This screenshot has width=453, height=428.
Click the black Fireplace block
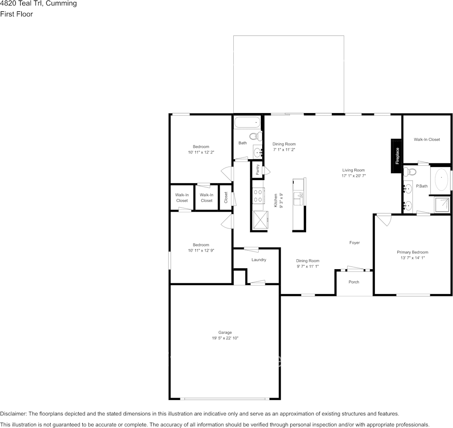tap(396, 156)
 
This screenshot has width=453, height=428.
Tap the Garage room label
tap(225, 333)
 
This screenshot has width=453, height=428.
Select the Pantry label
tap(258, 170)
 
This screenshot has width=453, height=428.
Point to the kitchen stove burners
tap(258, 195)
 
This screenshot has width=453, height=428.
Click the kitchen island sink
tap(297, 199)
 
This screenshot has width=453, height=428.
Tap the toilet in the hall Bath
tap(255, 136)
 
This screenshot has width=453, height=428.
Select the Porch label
tap(354, 282)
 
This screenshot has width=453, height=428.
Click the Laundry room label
tap(259, 260)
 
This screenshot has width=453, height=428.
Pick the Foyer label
tap(354, 243)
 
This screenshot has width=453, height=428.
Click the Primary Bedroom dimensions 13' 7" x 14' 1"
tap(413, 258)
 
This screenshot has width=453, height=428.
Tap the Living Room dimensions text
tap(354, 176)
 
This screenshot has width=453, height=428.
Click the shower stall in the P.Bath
tap(442, 204)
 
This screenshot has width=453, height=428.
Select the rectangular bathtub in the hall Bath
tap(248, 123)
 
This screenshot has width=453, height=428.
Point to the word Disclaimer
tap(13, 414)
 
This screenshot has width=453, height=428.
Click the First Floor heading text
tap(16, 14)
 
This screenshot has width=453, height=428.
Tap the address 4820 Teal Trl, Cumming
tap(38, 4)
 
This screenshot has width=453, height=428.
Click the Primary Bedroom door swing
tap(384, 220)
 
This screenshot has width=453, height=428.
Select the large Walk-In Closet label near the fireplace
tap(427, 139)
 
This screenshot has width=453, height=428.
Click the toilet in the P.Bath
tap(410, 171)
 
